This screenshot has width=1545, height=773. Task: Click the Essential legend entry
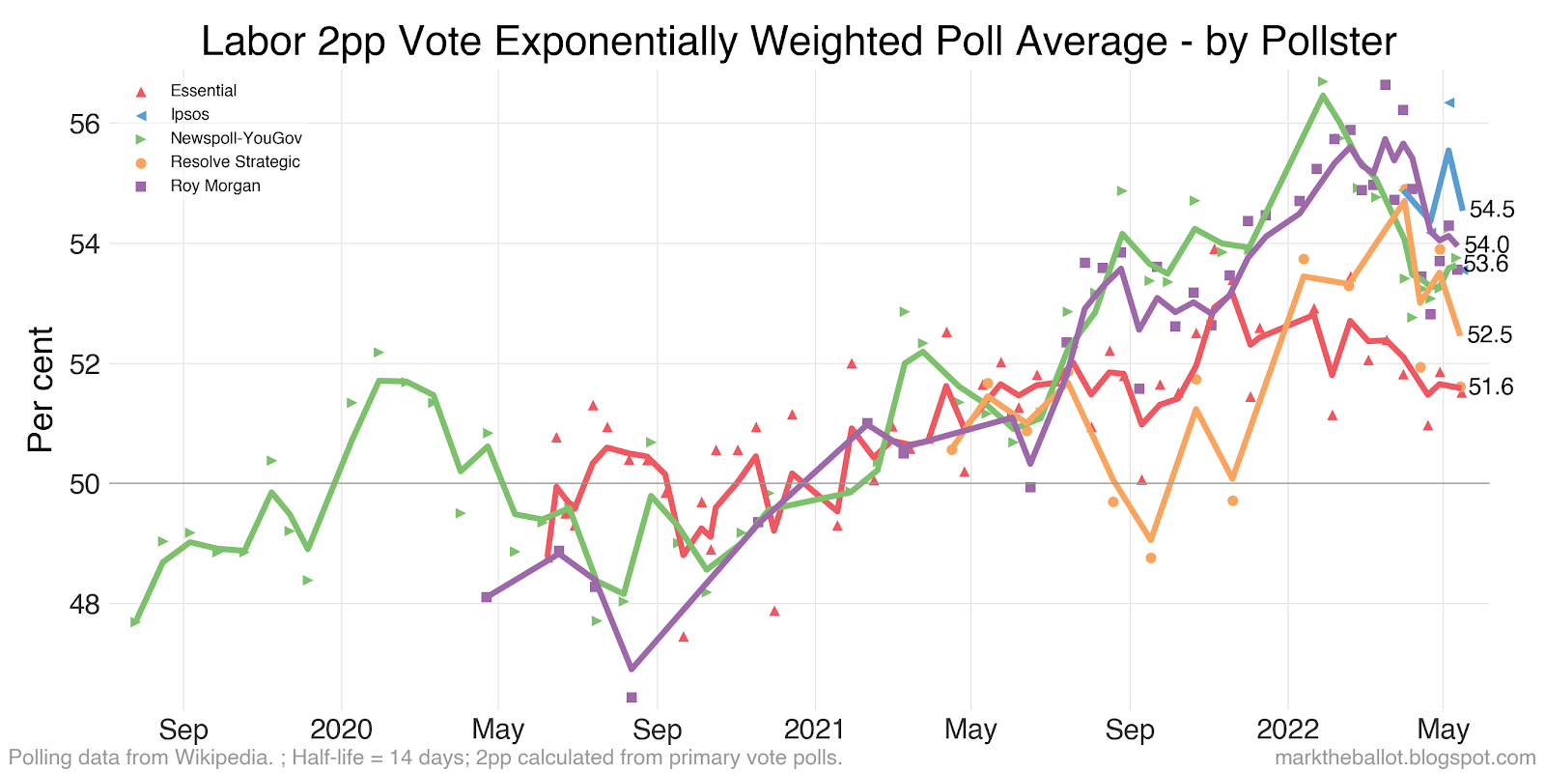click(x=203, y=91)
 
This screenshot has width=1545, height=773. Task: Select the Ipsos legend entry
click(x=189, y=115)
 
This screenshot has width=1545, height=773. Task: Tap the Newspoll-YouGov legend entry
click(x=236, y=138)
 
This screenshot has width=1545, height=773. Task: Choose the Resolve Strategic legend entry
click(x=235, y=162)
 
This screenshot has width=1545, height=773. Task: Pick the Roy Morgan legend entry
click(x=215, y=186)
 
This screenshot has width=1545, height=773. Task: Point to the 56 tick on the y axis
click(x=85, y=125)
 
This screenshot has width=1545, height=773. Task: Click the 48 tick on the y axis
click(x=85, y=605)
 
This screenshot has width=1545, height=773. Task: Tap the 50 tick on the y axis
click(x=85, y=484)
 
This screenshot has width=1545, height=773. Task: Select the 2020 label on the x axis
click(x=341, y=729)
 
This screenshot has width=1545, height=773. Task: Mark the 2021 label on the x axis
click(x=814, y=729)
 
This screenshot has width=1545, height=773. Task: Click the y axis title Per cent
click(x=41, y=389)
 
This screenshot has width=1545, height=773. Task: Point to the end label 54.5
click(x=1491, y=210)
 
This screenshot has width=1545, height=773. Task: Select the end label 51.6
click(x=1490, y=387)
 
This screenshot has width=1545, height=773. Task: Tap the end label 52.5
click(x=1489, y=334)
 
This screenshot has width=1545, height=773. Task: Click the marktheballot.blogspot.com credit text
click(x=1405, y=758)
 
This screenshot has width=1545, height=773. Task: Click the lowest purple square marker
click(x=632, y=697)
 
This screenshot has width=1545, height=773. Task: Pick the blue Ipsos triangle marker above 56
click(x=1449, y=102)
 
